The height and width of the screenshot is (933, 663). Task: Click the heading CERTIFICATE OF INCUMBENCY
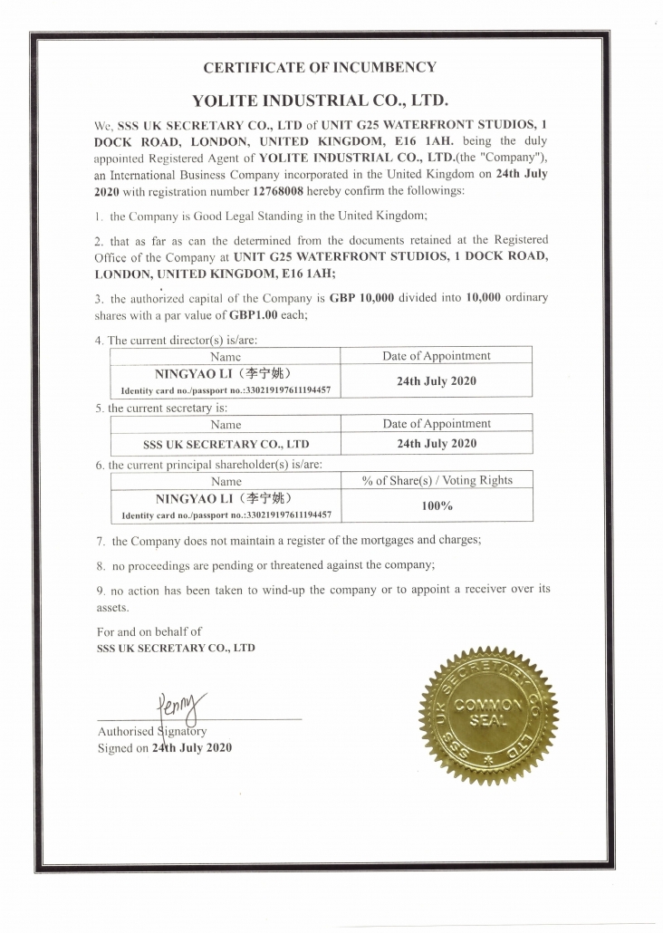tap(320, 67)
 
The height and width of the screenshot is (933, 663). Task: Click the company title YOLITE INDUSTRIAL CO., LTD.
tap(321, 99)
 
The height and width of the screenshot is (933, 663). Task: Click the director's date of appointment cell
tap(436, 381)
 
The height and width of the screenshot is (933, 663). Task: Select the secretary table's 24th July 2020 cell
tap(436, 444)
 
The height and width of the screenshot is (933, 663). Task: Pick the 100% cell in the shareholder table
tap(437, 505)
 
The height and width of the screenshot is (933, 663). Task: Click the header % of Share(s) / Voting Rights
tap(437, 480)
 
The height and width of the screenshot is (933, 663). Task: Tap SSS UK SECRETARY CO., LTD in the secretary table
tap(226, 445)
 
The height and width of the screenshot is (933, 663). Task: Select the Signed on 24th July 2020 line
tap(164, 747)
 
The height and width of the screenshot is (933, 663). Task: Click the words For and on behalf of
tap(149, 630)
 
